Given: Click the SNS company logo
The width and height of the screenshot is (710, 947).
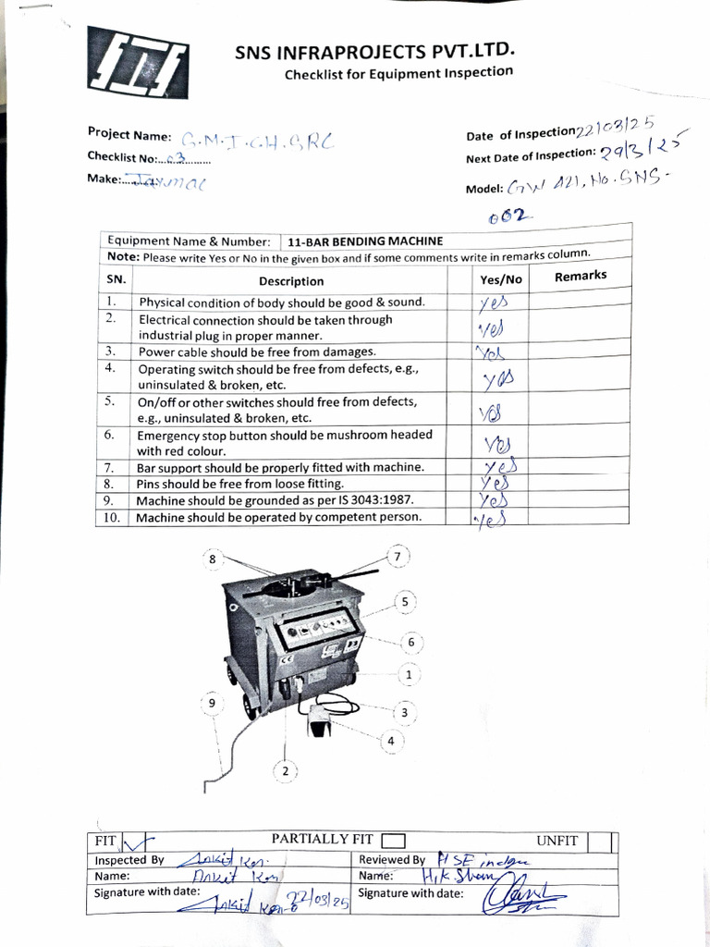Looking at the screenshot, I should pyautogui.click(x=140, y=68).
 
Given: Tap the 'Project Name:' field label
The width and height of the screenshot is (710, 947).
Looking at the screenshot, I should pyautogui.click(x=129, y=135).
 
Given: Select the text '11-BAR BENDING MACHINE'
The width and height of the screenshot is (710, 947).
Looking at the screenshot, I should pyautogui.click(x=365, y=240).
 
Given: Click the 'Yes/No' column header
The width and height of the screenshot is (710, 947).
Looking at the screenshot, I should pyautogui.click(x=501, y=279).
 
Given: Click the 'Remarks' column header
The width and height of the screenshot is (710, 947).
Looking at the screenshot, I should pyautogui.click(x=580, y=276).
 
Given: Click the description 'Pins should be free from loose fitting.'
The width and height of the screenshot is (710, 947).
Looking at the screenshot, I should pyautogui.click(x=239, y=484).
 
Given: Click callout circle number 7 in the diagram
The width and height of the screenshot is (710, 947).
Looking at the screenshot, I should pyautogui.click(x=398, y=557).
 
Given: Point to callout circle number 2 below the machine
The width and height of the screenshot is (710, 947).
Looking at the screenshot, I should pyautogui.click(x=286, y=770).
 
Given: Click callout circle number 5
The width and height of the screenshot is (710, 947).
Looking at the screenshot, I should pyautogui.click(x=404, y=602).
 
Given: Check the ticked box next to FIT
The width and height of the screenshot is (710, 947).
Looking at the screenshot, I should pyautogui.click(x=132, y=842).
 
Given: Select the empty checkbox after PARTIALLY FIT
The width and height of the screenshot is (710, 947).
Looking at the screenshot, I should pyautogui.click(x=393, y=841).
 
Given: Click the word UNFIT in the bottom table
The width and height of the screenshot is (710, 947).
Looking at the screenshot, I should pyautogui.click(x=557, y=841).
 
